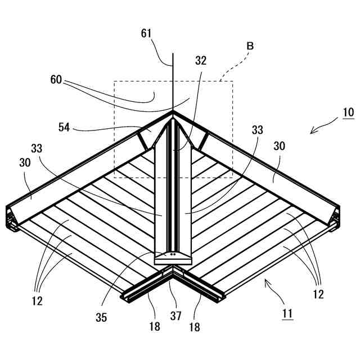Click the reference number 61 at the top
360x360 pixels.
pyautogui.click(x=146, y=34)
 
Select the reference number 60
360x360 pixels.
pyautogui.click(x=56, y=79)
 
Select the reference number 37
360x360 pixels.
pyautogui.click(x=175, y=316)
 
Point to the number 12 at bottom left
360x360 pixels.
pyautogui.click(x=37, y=301)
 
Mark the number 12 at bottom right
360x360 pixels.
pyautogui.click(x=318, y=294)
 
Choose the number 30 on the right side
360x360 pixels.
pyautogui.click(x=279, y=146)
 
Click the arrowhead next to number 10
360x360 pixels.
pyautogui.click(x=313, y=131)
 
